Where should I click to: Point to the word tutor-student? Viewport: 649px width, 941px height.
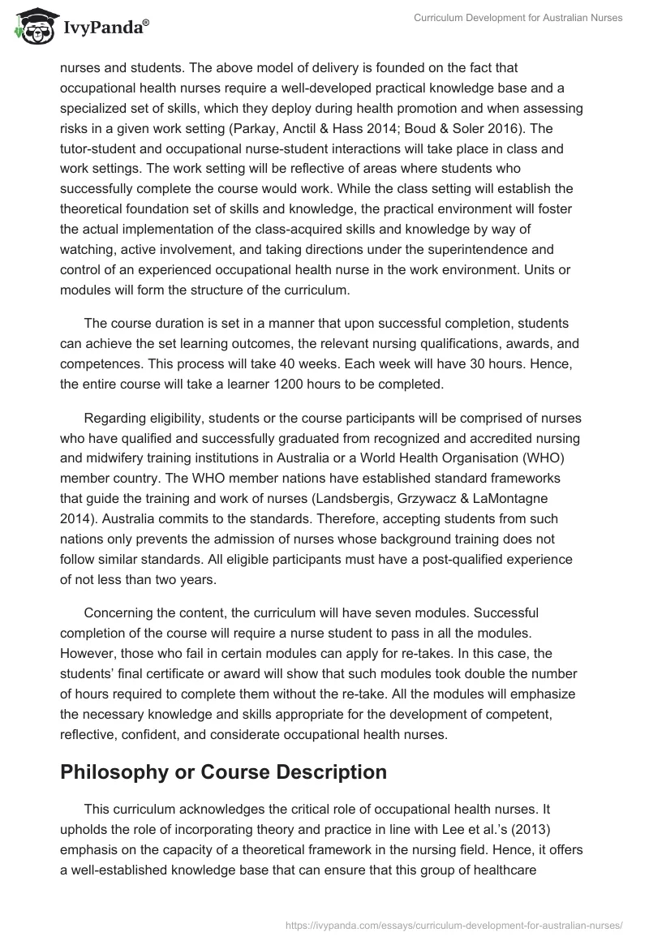tap(97, 149)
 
